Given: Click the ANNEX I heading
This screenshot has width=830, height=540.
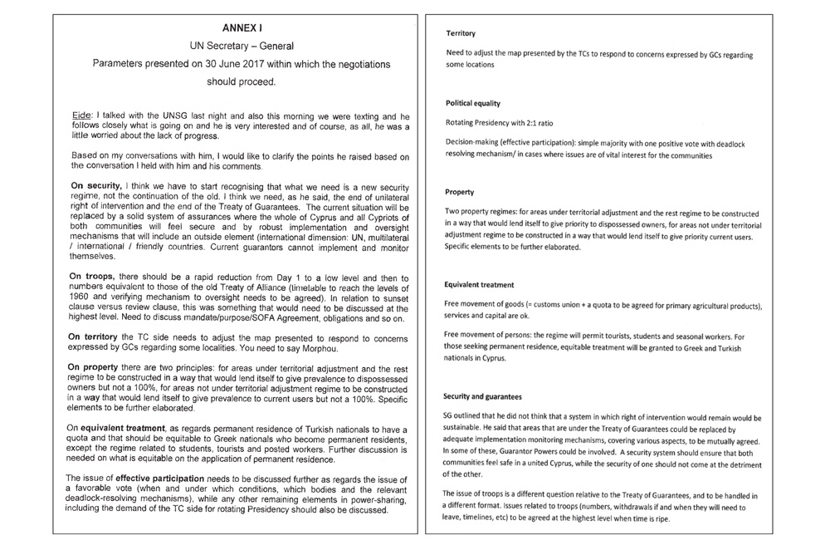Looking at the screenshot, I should click(x=232, y=27).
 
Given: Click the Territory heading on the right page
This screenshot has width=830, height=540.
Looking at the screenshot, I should click(x=460, y=33).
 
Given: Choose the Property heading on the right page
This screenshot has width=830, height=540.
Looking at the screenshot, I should click(x=460, y=192).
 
